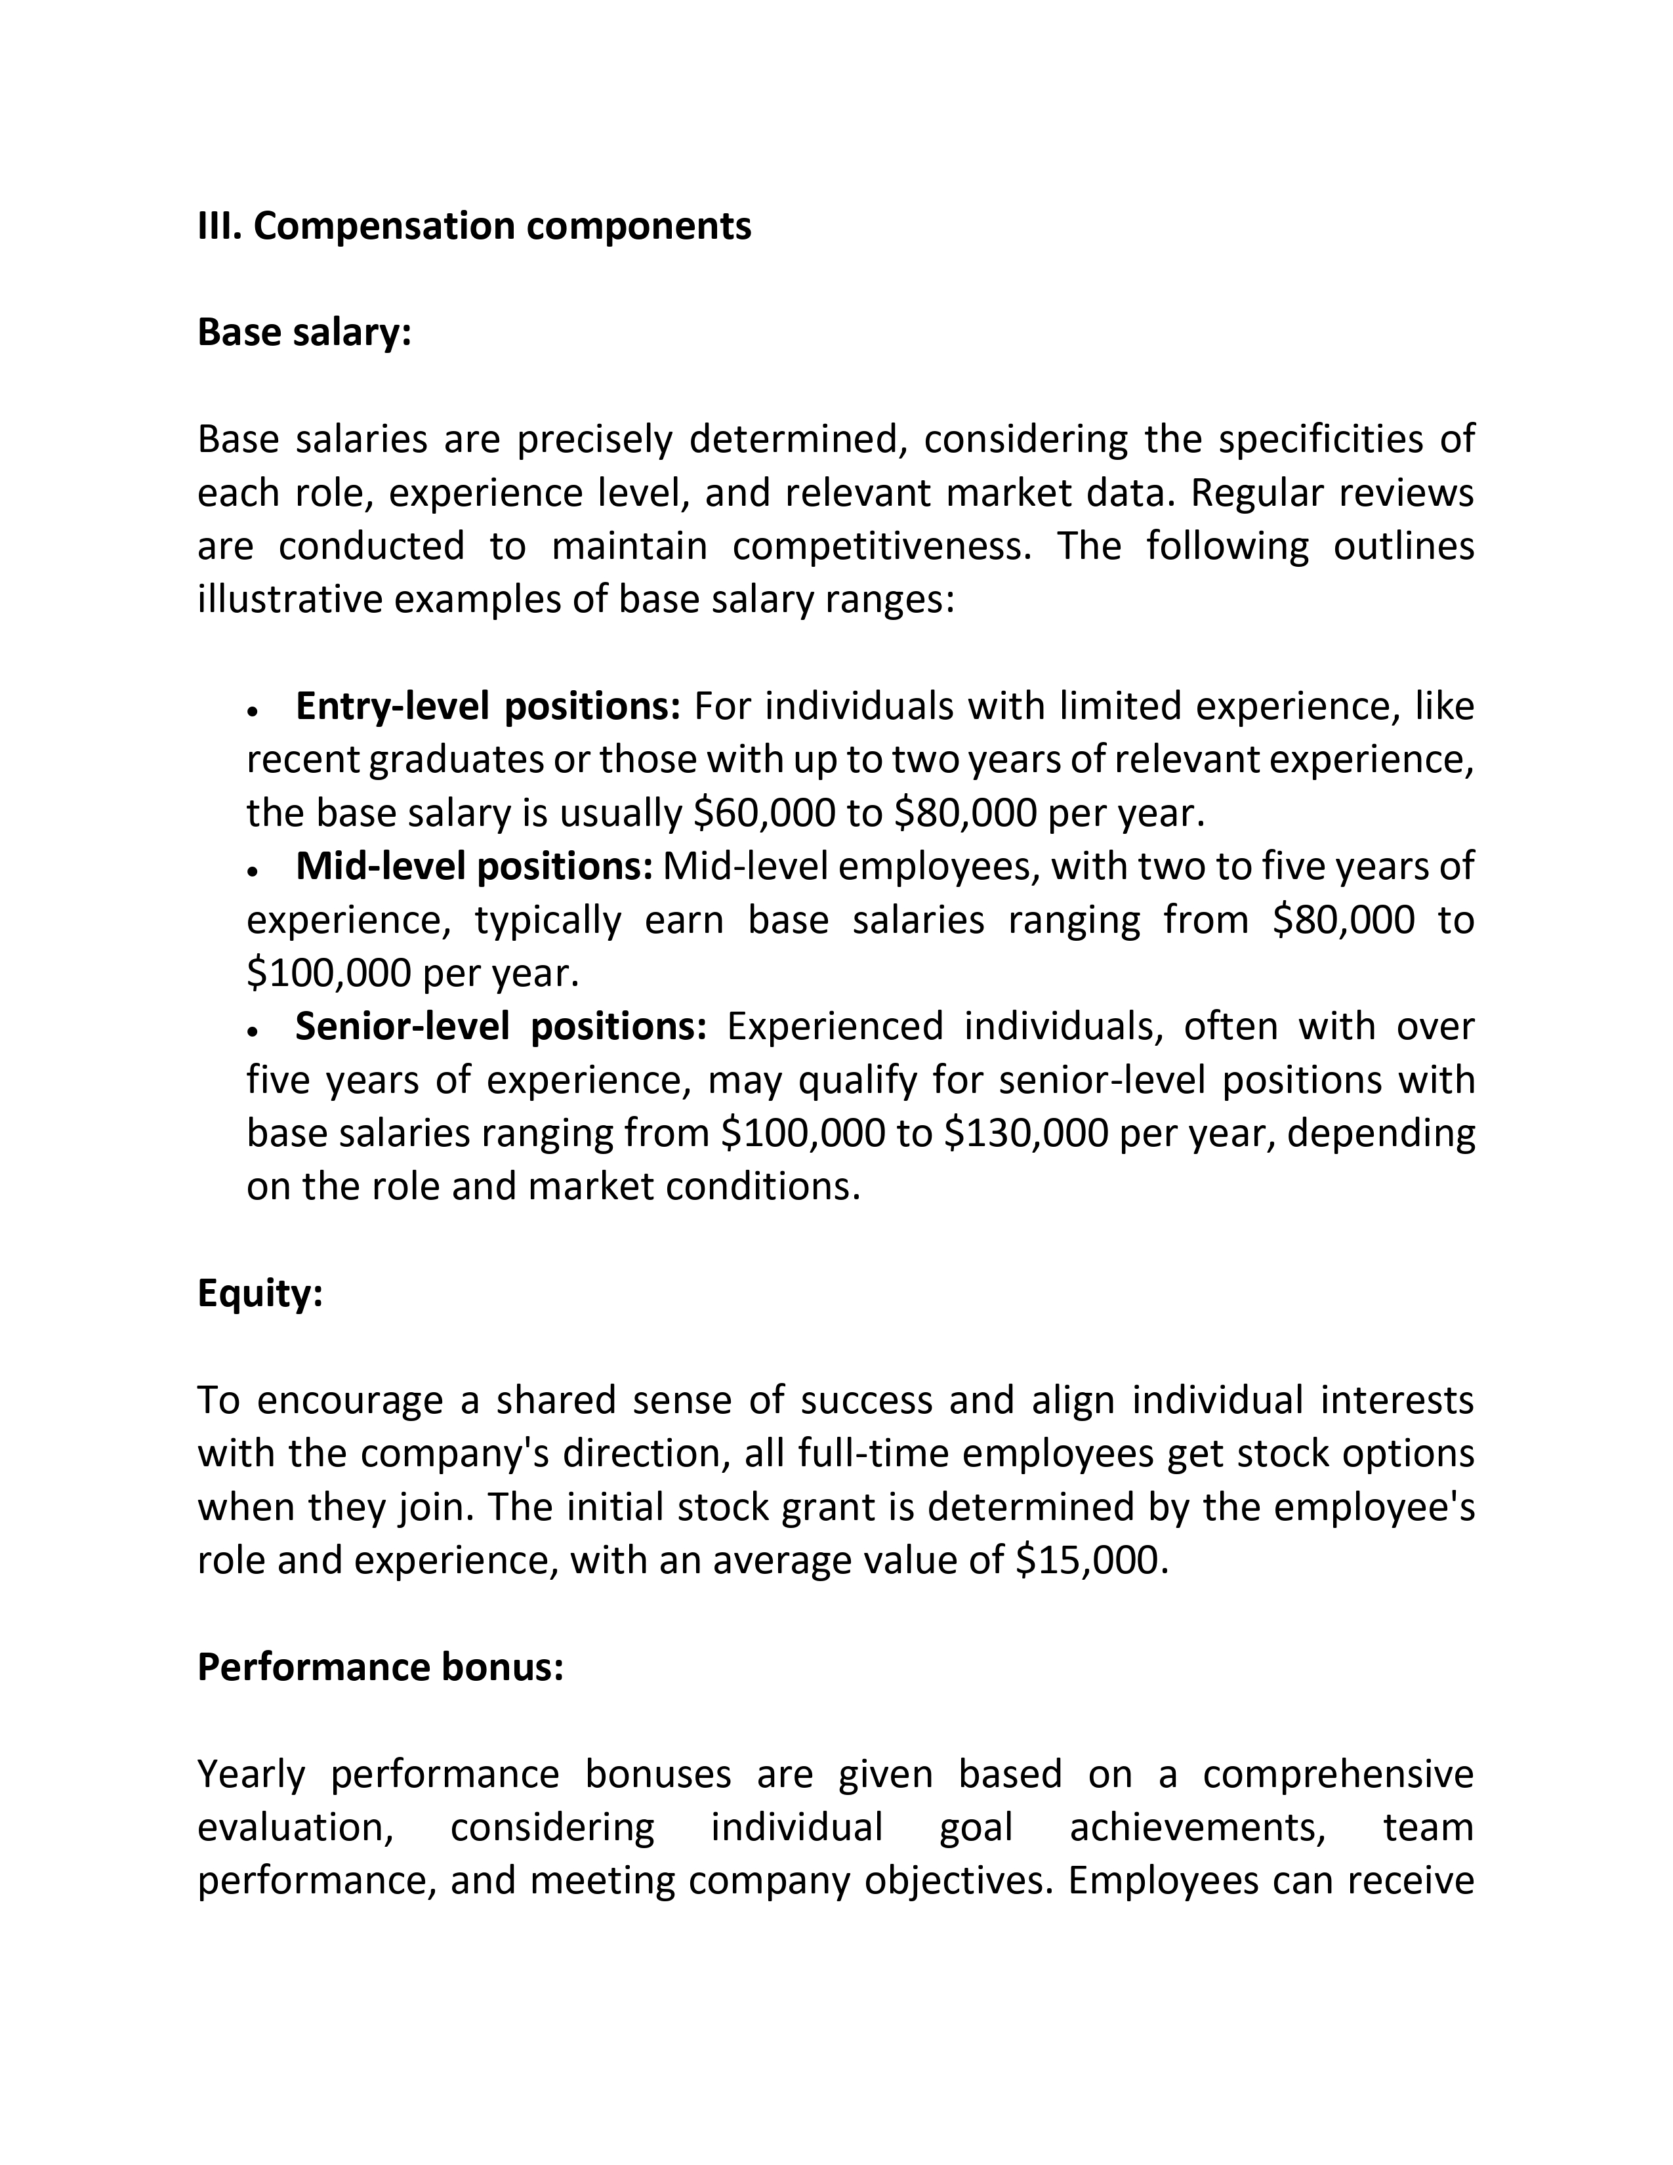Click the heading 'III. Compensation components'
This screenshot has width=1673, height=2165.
point(474,226)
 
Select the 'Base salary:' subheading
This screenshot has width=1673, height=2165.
point(303,333)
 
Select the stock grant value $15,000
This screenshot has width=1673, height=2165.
point(1087,1560)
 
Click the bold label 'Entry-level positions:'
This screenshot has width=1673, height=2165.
point(487,706)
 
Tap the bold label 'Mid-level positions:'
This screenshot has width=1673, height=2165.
point(474,867)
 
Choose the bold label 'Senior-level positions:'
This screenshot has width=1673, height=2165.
point(501,1026)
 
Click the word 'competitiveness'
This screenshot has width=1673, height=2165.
point(882,546)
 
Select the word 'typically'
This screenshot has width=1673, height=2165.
point(548,920)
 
